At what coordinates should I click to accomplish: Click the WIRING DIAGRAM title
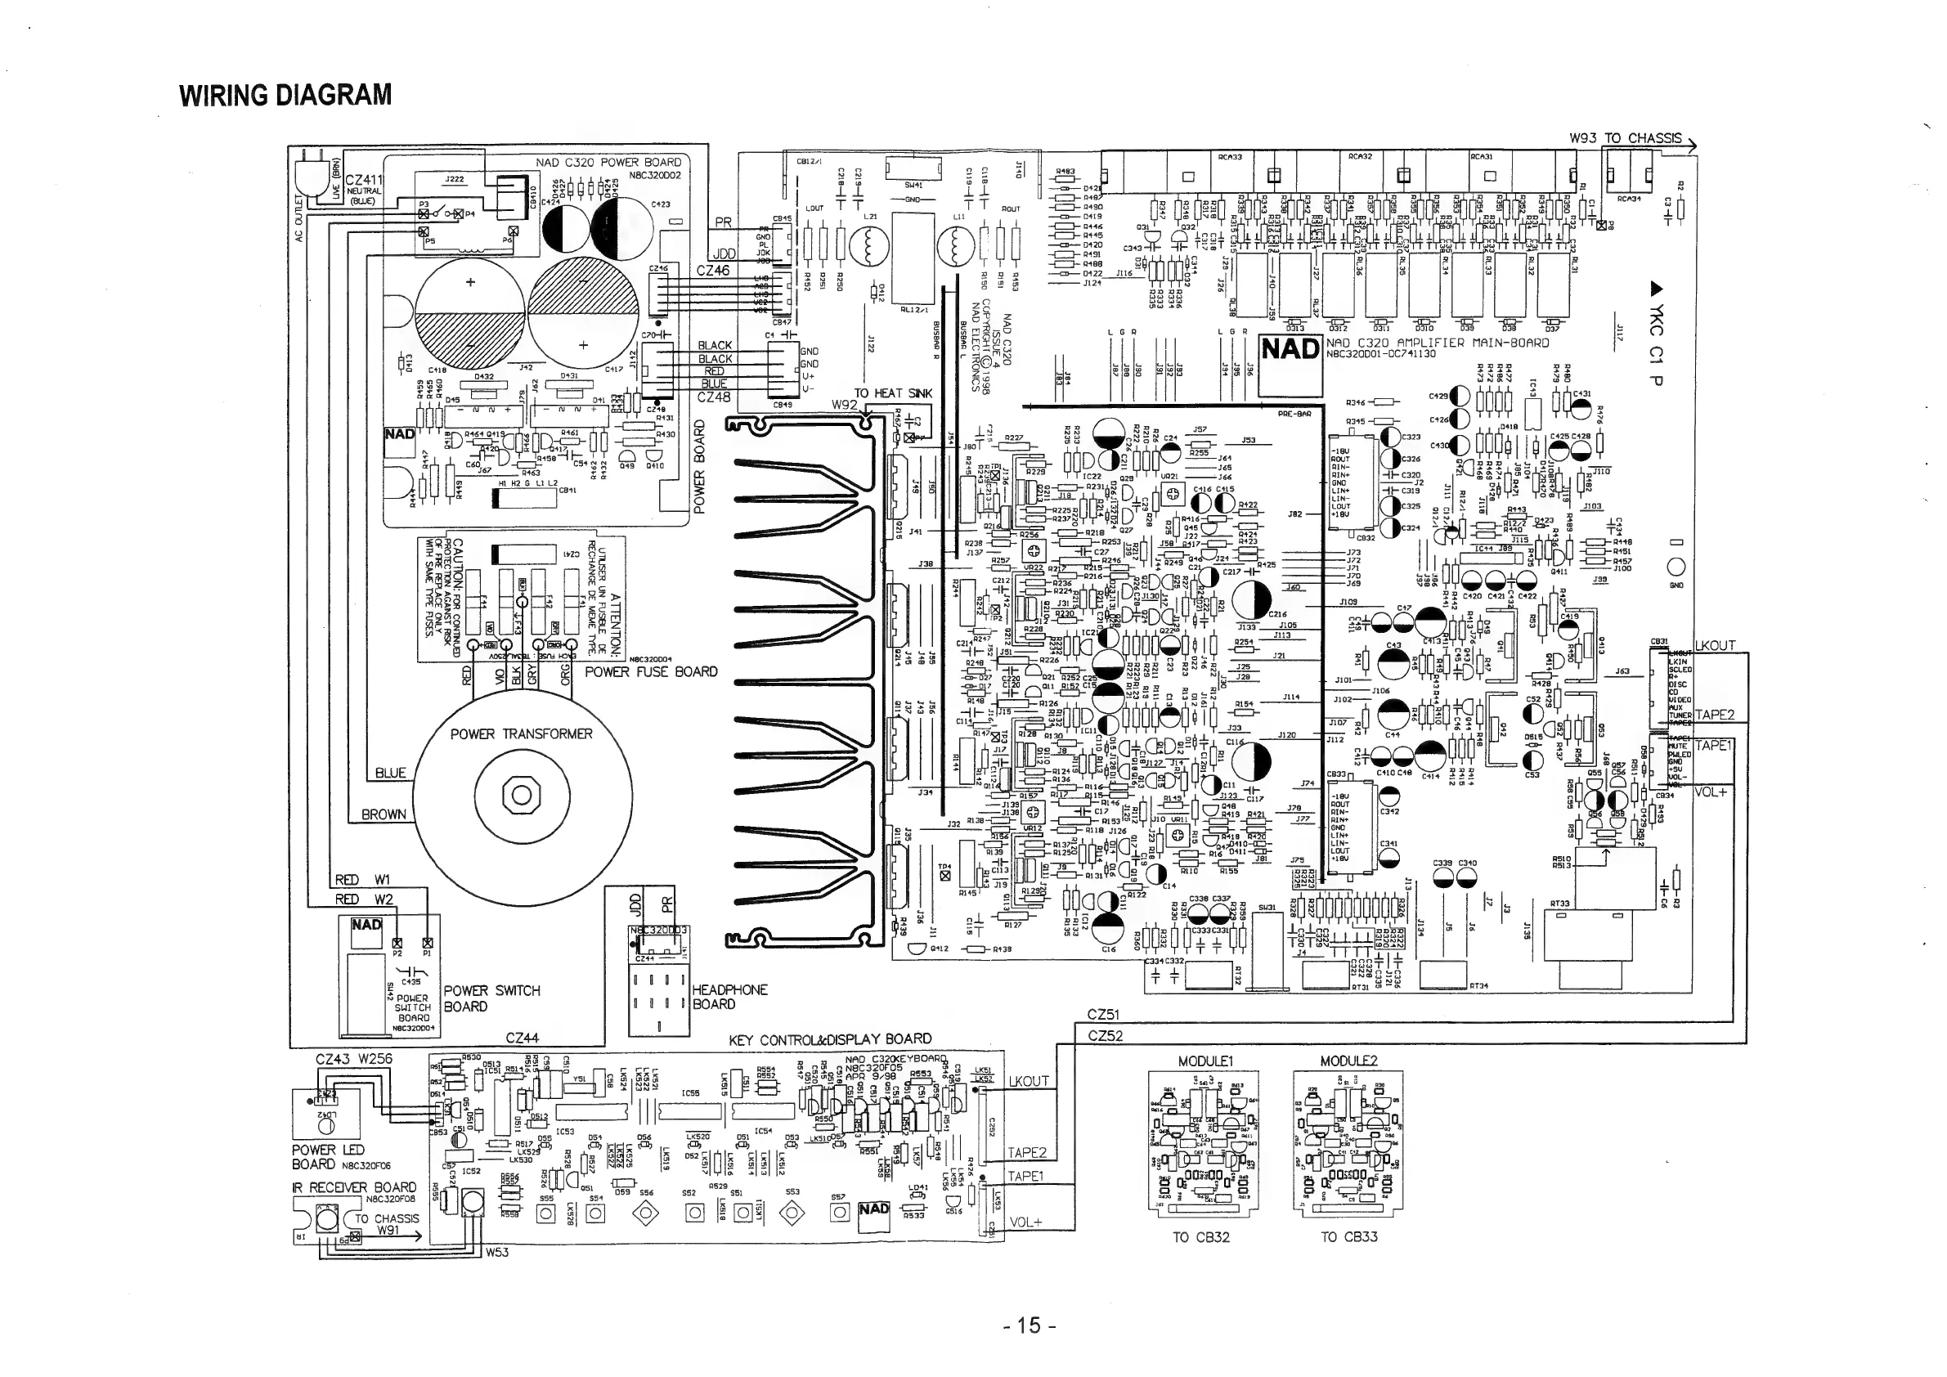(x=285, y=95)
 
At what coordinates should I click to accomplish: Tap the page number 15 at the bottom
(x=1028, y=1325)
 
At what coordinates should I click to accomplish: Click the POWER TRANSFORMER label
(x=521, y=734)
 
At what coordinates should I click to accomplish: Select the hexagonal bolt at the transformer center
(x=522, y=796)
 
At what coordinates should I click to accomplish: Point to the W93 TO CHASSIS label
(x=1625, y=138)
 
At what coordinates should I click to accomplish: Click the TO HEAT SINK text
(x=892, y=393)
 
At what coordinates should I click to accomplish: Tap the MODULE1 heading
(x=1205, y=1061)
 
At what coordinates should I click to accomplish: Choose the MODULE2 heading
(x=1348, y=1061)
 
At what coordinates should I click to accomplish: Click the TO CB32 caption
(x=1200, y=1237)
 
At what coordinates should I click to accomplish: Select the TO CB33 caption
(x=1348, y=1237)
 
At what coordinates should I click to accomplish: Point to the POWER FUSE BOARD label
(x=651, y=672)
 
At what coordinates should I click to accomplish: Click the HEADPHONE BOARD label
(x=729, y=997)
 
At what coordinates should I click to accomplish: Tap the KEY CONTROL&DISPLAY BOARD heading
(x=829, y=1039)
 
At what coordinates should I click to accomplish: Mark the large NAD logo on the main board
(x=1290, y=348)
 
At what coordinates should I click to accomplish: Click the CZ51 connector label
(x=1104, y=1015)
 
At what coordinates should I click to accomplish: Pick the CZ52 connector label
(x=1104, y=1035)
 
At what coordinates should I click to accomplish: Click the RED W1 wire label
(x=362, y=880)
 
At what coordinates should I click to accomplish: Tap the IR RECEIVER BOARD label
(x=353, y=1187)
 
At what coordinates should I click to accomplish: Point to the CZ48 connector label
(x=713, y=397)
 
